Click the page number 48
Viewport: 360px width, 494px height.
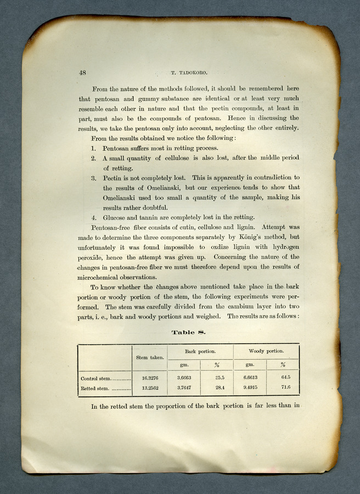click(83, 72)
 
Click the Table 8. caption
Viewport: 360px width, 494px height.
click(188, 332)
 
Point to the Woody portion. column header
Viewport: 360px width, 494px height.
click(266, 351)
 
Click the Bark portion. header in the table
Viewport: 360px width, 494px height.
click(200, 351)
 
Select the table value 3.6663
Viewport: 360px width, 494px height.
click(183, 378)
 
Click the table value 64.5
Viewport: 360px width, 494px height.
click(285, 378)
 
